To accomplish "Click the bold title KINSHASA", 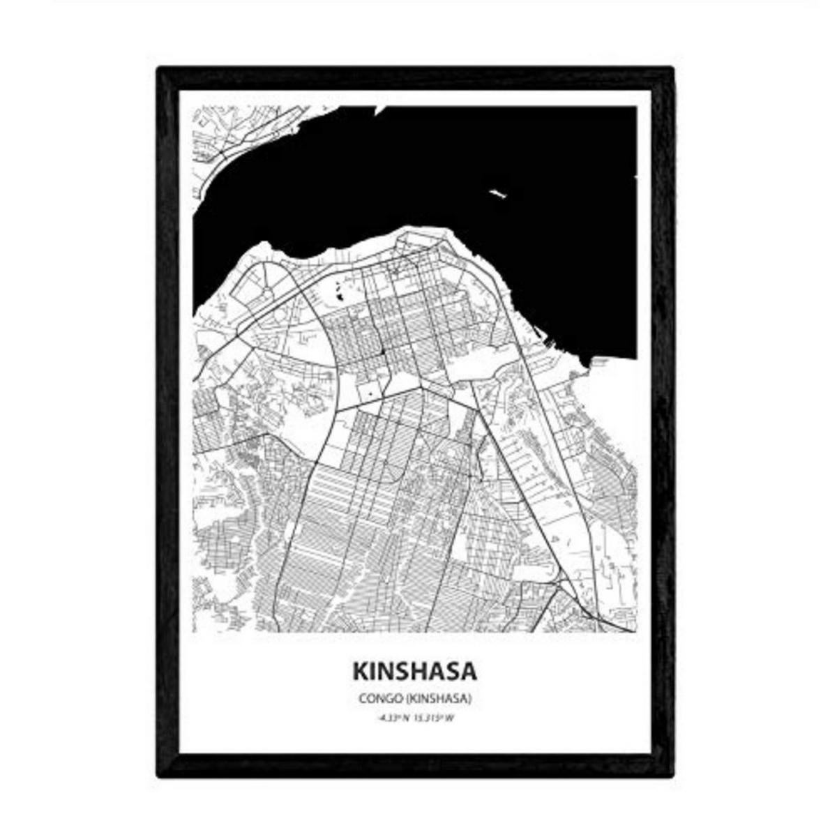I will pyautogui.click(x=415, y=671).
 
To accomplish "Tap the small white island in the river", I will pyautogui.click(x=497, y=193).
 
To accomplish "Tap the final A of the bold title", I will pyautogui.click(x=469, y=671).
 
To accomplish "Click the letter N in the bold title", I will pyautogui.click(x=388, y=671).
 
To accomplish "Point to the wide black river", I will pyautogui.click(x=432, y=174).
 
